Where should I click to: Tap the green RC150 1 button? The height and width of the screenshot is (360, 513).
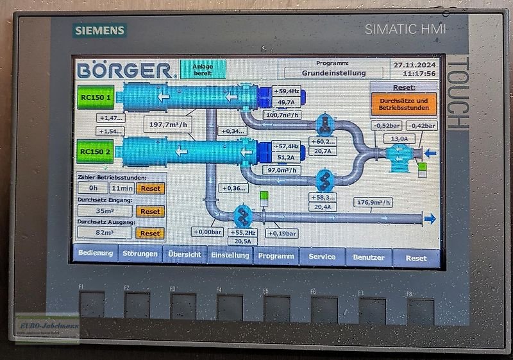pyautogui.click(x=96, y=98)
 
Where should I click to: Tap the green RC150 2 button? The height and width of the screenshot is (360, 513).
pyautogui.click(x=96, y=151)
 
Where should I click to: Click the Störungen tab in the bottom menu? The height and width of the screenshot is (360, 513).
pyautogui.click(x=140, y=255)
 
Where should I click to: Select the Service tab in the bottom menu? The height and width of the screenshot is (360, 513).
pyautogui.click(x=322, y=256)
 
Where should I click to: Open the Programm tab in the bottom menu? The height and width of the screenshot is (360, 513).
pyautogui.click(x=276, y=256)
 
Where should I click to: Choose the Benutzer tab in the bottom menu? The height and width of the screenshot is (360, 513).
pyautogui.click(x=369, y=257)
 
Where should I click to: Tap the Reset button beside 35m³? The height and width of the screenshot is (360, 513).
pyautogui.click(x=150, y=211)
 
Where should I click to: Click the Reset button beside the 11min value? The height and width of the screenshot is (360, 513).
pyautogui.click(x=150, y=189)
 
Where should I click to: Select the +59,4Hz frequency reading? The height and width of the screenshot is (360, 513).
pyautogui.click(x=287, y=92)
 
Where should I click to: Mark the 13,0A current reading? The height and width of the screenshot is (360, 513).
pyautogui.click(x=399, y=139)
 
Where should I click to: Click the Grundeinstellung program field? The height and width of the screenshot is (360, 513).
pyautogui.click(x=334, y=73)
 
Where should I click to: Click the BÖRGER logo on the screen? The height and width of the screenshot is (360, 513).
pyautogui.click(x=124, y=71)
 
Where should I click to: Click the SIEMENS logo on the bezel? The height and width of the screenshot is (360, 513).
pyautogui.click(x=100, y=30)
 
